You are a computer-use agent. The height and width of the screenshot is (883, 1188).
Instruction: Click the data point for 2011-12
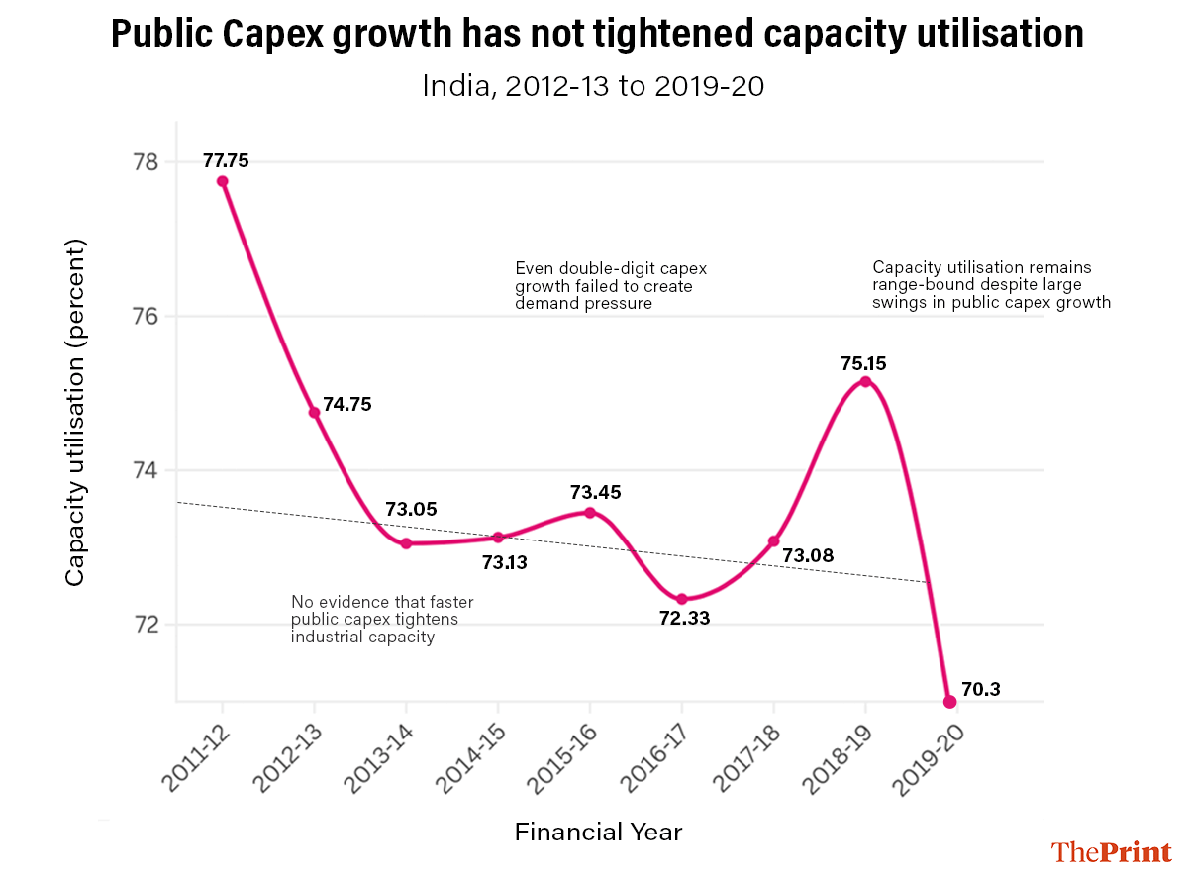click(x=223, y=181)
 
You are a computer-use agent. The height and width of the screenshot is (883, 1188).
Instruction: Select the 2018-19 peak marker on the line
click(x=865, y=382)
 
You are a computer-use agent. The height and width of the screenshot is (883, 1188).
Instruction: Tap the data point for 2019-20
click(x=949, y=701)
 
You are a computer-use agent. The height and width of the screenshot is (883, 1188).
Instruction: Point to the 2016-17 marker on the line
click(x=682, y=599)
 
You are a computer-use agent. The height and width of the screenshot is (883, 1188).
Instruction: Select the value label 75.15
click(x=863, y=363)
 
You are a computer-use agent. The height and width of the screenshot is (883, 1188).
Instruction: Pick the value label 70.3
click(x=981, y=690)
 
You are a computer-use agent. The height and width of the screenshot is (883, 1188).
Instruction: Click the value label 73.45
click(x=596, y=492)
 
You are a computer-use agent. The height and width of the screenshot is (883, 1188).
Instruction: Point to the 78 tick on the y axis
click(x=146, y=161)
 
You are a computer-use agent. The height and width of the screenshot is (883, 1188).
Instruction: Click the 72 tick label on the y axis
click(x=146, y=625)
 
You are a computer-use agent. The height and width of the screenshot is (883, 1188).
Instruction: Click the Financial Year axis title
click(x=598, y=832)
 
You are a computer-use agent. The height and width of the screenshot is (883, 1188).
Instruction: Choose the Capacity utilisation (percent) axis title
click(x=75, y=411)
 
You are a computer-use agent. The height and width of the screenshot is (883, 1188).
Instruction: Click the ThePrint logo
click(x=1111, y=851)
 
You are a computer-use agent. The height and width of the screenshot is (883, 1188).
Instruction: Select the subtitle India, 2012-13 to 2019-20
click(x=593, y=86)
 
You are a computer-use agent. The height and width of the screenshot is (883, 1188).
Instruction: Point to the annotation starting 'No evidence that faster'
click(x=382, y=620)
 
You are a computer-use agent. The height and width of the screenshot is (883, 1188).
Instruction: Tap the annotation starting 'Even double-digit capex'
click(x=611, y=285)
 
